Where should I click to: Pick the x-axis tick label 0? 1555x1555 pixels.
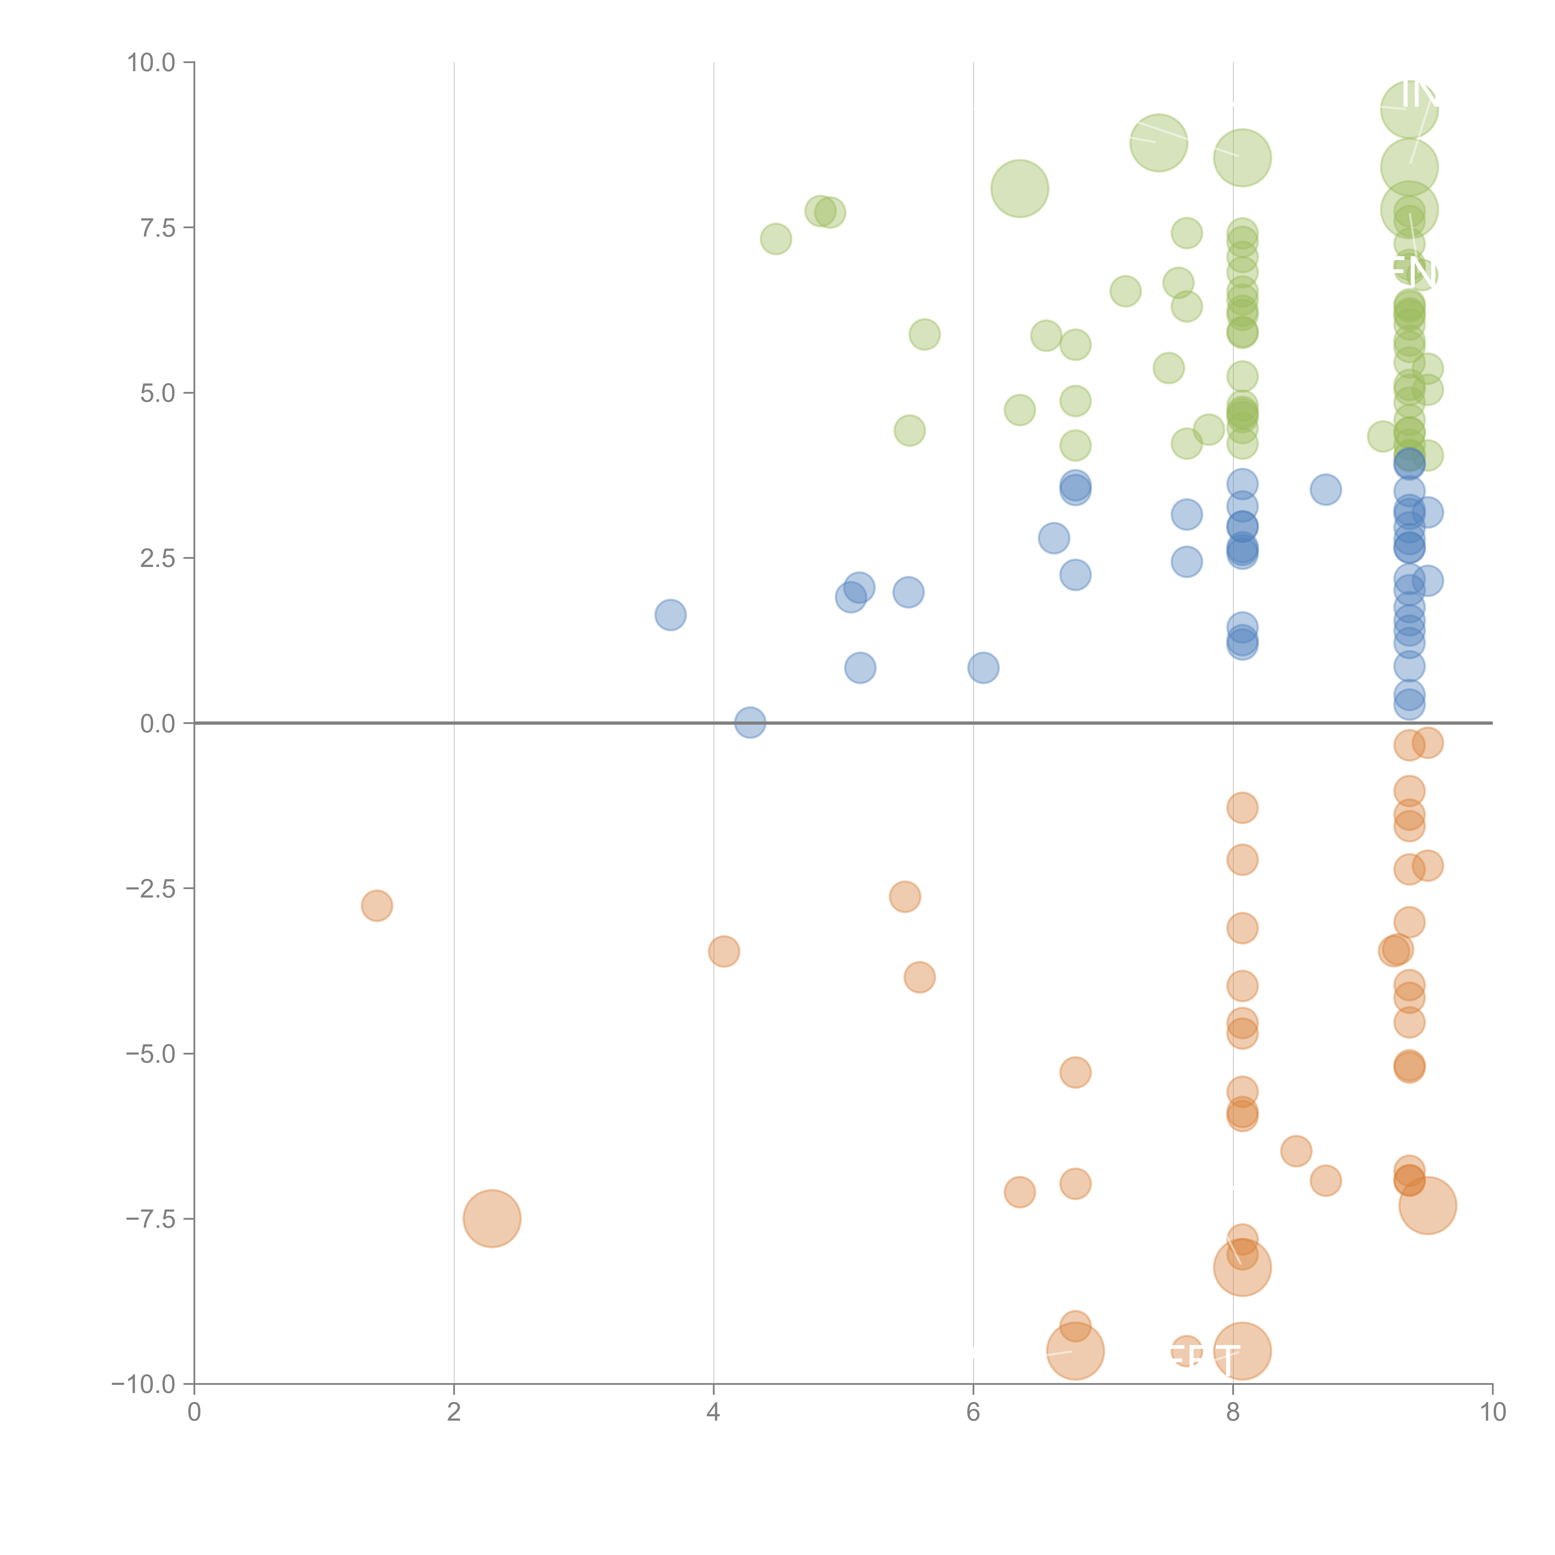(x=194, y=1413)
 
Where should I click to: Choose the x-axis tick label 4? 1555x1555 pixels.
(x=713, y=1413)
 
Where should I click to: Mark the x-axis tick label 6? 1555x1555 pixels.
(x=973, y=1413)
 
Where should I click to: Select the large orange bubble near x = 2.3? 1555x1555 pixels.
(x=492, y=1218)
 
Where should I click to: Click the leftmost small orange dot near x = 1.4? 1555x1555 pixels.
(x=377, y=905)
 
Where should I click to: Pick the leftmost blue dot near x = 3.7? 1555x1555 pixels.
(x=670, y=615)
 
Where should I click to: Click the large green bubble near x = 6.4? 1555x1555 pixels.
(x=1019, y=188)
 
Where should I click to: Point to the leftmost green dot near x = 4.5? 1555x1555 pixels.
(x=775, y=239)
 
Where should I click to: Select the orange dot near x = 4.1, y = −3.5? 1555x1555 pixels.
(x=724, y=951)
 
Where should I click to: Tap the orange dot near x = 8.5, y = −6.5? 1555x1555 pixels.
(x=1295, y=1151)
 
